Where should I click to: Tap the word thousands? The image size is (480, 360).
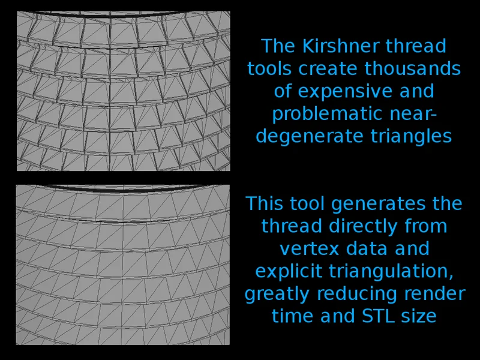[412, 68]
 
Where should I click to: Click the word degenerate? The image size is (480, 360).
[310, 137]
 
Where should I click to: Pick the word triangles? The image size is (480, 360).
[411, 137]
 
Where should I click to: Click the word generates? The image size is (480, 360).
[379, 204]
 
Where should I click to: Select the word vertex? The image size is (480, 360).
[310, 248]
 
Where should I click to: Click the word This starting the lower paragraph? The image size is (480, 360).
[264, 203]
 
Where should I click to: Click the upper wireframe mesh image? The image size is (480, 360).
[124, 91]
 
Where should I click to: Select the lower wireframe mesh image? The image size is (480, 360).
[123, 265]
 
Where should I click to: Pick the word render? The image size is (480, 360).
[434, 294]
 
